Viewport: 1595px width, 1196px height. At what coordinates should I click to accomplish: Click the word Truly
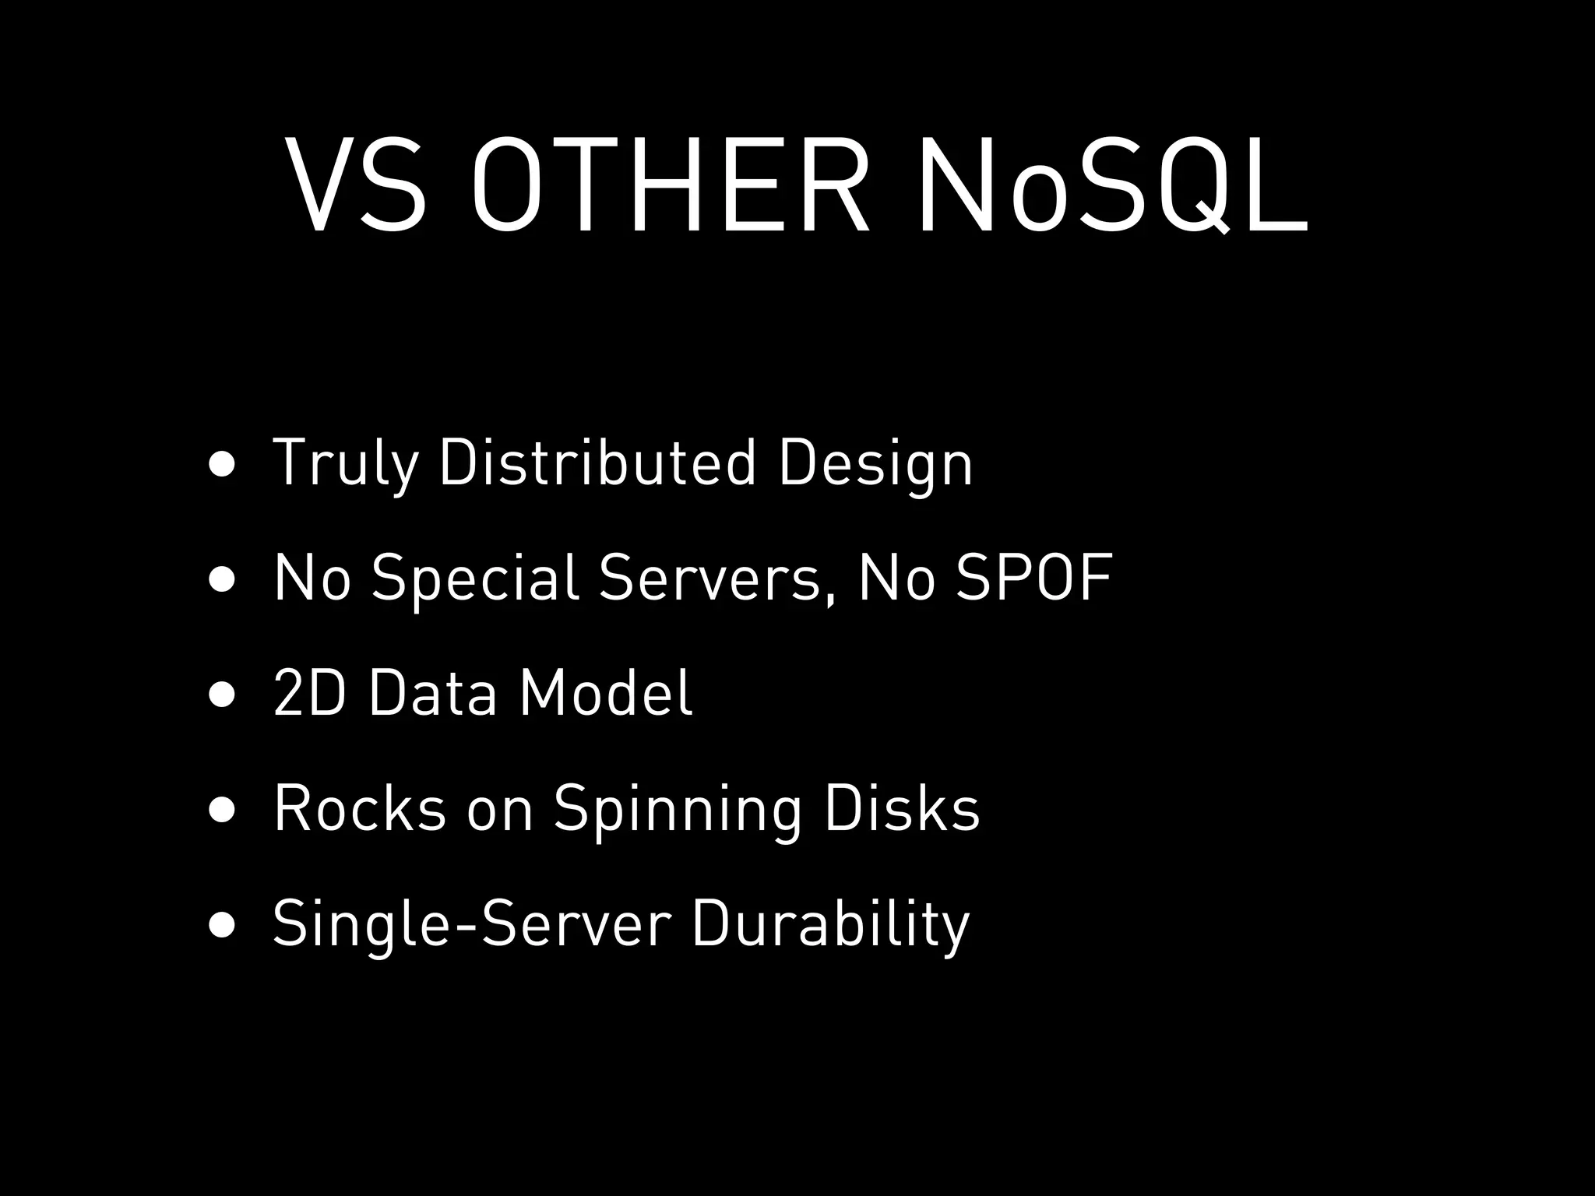pyautogui.click(x=345, y=464)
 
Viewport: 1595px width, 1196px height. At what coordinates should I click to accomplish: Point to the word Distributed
pyautogui.click(x=597, y=463)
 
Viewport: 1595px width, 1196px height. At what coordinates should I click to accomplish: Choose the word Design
pyautogui.click(x=875, y=464)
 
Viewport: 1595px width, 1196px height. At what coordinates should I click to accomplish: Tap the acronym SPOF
pyautogui.click(x=1034, y=577)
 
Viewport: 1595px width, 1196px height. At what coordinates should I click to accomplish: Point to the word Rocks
pyautogui.click(x=360, y=808)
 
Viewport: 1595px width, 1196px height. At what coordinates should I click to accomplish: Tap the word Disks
pyautogui.click(x=901, y=808)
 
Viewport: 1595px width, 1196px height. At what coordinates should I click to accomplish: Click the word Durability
pyautogui.click(x=830, y=924)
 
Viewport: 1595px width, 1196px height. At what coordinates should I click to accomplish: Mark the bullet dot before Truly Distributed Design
pyautogui.click(x=222, y=464)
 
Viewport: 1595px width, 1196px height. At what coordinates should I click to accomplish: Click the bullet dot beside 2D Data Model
pyautogui.click(x=222, y=695)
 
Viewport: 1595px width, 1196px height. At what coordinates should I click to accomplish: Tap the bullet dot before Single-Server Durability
pyautogui.click(x=222, y=925)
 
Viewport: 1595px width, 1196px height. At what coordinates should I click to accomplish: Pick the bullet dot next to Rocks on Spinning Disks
pyautogui.click(x=222, y=810)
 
